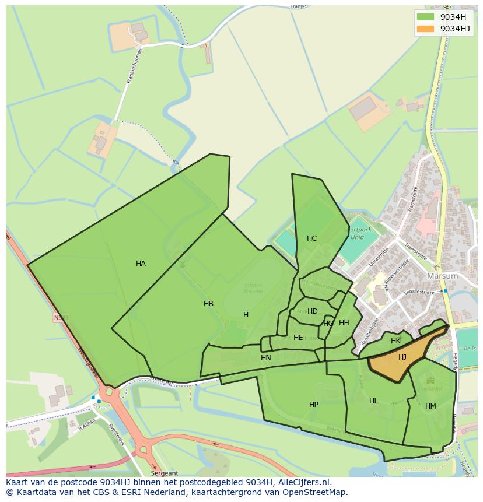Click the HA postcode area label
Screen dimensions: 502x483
point(141,264)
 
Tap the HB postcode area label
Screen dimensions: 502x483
point(208,304)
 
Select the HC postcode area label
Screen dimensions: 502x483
point(311,238)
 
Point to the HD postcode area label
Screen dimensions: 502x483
point(313,311)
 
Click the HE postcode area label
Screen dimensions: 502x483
point(298,338)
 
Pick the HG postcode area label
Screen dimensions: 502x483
point(328,324)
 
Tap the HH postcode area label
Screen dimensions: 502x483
point(344,323)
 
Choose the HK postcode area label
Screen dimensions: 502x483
point(395,341)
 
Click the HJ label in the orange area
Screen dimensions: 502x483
point(402,357)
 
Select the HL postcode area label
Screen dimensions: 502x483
point(374,401)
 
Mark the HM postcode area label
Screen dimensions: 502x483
point(430,406)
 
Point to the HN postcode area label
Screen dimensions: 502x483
point(266,358)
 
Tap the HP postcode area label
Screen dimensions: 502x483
point(314,405)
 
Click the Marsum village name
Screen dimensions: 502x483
point(443,276)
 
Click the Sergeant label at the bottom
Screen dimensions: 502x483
point(164,473)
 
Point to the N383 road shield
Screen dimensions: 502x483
point(61,318)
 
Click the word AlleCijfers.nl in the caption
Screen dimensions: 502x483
point(303,482)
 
